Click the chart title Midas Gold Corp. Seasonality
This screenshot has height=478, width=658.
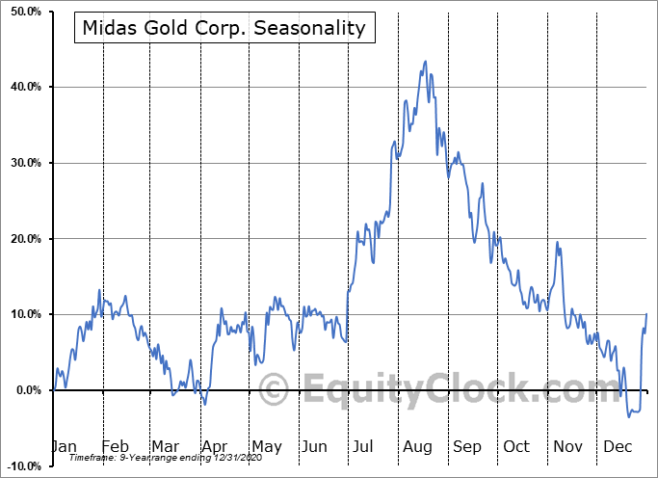224,27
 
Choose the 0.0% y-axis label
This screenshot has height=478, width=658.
25,390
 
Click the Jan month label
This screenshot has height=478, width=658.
64,446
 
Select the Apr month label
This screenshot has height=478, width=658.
215,446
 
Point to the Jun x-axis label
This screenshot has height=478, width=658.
315,446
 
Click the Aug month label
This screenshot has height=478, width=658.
417,446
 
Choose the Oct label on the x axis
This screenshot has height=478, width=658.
516,446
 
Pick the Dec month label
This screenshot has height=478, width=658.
617,446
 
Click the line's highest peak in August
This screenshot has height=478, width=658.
425,62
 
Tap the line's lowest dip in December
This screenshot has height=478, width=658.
629,416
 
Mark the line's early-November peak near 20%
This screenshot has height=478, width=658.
557,242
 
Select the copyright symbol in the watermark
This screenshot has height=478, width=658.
276,390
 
